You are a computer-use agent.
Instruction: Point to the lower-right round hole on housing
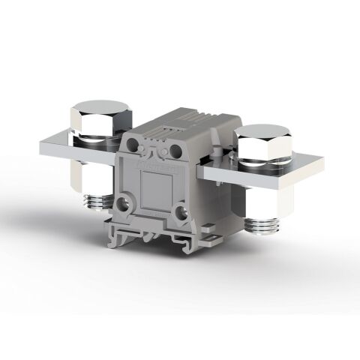tap(182, 217)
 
